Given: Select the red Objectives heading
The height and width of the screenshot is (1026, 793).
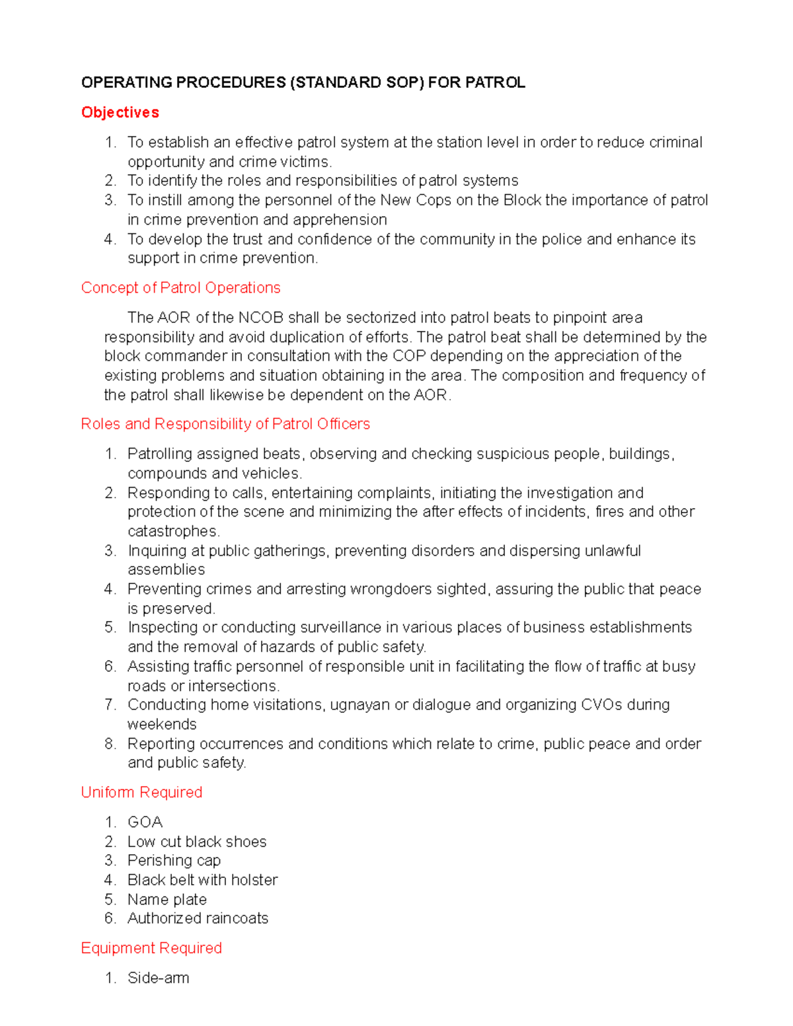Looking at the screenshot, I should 120,112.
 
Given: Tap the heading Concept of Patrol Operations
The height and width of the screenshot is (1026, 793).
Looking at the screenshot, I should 180,288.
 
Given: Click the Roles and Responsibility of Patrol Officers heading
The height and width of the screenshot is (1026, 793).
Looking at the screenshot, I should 225,424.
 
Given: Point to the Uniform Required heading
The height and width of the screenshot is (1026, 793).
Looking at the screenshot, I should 141,792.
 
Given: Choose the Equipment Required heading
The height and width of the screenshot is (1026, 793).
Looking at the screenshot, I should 151,948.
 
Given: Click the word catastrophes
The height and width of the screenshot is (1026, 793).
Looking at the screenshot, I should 173,531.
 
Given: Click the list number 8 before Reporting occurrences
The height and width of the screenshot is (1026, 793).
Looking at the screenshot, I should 110,744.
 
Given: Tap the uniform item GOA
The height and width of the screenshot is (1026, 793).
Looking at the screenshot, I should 145,823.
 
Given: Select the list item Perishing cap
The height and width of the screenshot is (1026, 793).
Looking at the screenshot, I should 174,861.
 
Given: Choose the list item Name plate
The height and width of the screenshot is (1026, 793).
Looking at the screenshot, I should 167,900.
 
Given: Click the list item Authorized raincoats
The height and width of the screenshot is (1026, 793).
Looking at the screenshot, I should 198,918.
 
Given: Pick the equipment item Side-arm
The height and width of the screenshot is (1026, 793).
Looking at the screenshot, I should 158,978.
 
